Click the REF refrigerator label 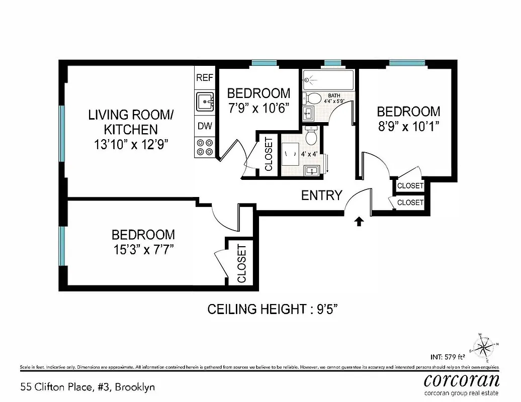tap(205, 77)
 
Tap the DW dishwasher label tap(205, 126)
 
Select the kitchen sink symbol tap(205, 102)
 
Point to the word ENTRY tap(322, 195)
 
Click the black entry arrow tap(360, 221)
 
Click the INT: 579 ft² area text tap(450, 358)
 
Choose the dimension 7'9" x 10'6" tap(258, 108)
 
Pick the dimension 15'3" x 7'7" tap(143, 249)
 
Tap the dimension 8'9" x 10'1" tap(408, 126)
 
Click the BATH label tap(334, 95)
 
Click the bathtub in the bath tap(329, 80)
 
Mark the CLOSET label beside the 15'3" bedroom tap(241, 263)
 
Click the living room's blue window tap(62, 134)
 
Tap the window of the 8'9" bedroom tap(407, 63)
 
